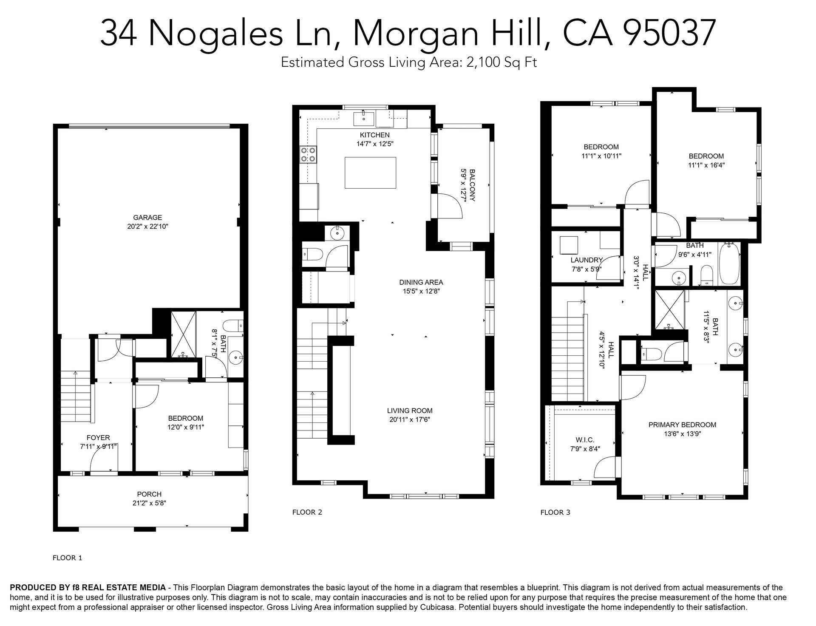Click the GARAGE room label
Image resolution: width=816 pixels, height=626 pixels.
tap(147, 218)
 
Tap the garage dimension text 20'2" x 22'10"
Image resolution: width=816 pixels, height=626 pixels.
tap(147, 227)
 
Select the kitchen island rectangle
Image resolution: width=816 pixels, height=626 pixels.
tap(370, 173)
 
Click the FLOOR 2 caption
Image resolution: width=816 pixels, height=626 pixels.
tap(307, 512)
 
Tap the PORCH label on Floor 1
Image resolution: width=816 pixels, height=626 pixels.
tap(149, 494)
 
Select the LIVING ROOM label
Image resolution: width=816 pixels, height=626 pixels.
tap(410, 411)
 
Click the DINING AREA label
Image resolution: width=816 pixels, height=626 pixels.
tap(421, 282)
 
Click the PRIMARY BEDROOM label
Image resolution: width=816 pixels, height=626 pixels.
tap(682, 425)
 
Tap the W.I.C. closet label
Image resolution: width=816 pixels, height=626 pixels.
tap(585, 440)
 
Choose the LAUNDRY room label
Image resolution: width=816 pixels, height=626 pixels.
tap(587, 260)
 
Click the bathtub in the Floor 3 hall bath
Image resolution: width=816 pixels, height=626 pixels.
tap(729, 264)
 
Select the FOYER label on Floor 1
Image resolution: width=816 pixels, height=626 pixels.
tap(98, 438)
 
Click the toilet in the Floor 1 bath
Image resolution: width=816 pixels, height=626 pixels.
tap(234, 326)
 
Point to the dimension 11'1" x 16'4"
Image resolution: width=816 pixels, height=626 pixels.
tap(706, 165)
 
